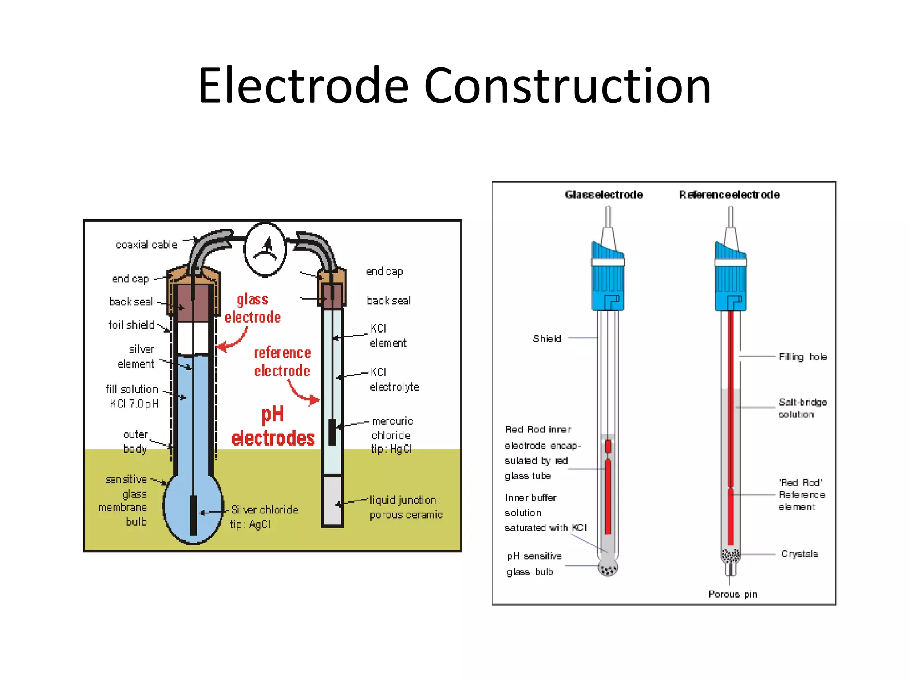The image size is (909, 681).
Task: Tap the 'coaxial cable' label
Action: coord(146,245)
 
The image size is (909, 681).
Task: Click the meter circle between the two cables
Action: coord(265,249)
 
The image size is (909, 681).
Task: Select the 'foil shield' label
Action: coord(131,325)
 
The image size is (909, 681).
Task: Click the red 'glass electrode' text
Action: coord(253,309)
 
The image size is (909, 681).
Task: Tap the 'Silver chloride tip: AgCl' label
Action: coord(264,517)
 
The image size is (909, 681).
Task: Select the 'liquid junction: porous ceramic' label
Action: coord(406,507)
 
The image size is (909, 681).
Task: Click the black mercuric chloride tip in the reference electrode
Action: coord(332,432)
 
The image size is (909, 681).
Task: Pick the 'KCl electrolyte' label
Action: coord(394,380)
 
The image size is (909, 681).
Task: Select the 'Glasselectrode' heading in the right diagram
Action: coord(604,195)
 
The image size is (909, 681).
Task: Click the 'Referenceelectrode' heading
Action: coord(729,195)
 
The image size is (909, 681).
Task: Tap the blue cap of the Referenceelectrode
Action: coord(731,277)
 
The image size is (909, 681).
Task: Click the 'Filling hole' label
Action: coord(802,357)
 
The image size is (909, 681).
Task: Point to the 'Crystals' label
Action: coord(799,554)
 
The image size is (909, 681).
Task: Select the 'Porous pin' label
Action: coord(732,595)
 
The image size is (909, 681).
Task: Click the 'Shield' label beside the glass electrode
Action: coord(546,339)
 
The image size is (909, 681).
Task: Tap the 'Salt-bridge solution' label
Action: coord(802,408)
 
